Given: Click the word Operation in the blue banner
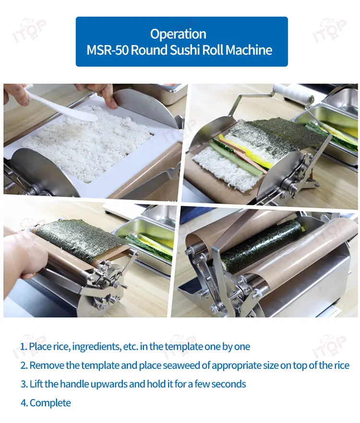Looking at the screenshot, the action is pos(178,34).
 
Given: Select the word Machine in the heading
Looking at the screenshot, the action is pos(249,50).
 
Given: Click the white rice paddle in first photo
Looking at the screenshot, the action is pos(62,106).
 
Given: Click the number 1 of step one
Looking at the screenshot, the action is pos(23,347).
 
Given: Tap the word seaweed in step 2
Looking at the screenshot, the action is pos(181,365).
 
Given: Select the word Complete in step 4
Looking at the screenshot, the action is pos(50,403).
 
